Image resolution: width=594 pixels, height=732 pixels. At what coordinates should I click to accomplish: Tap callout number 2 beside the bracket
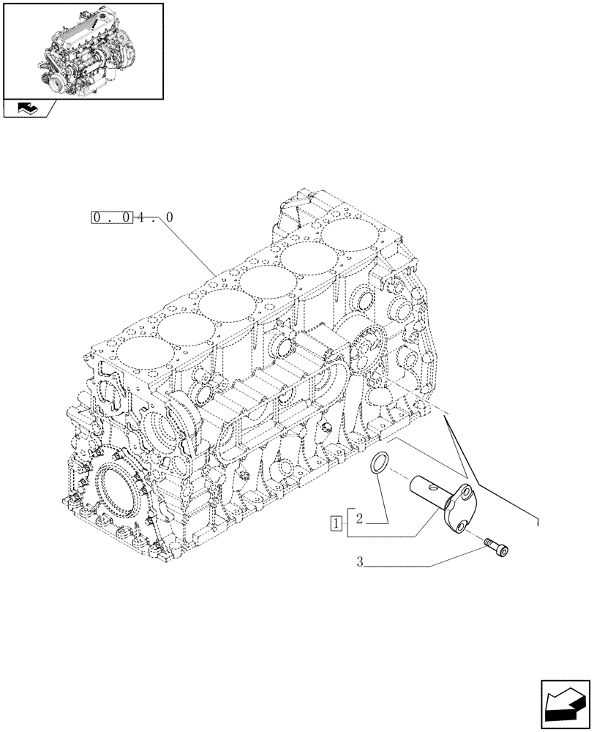pyautogui.click(x=359, y=519)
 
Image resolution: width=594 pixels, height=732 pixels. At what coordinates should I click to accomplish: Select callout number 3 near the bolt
pyautogui.click(x=360, y=562)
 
